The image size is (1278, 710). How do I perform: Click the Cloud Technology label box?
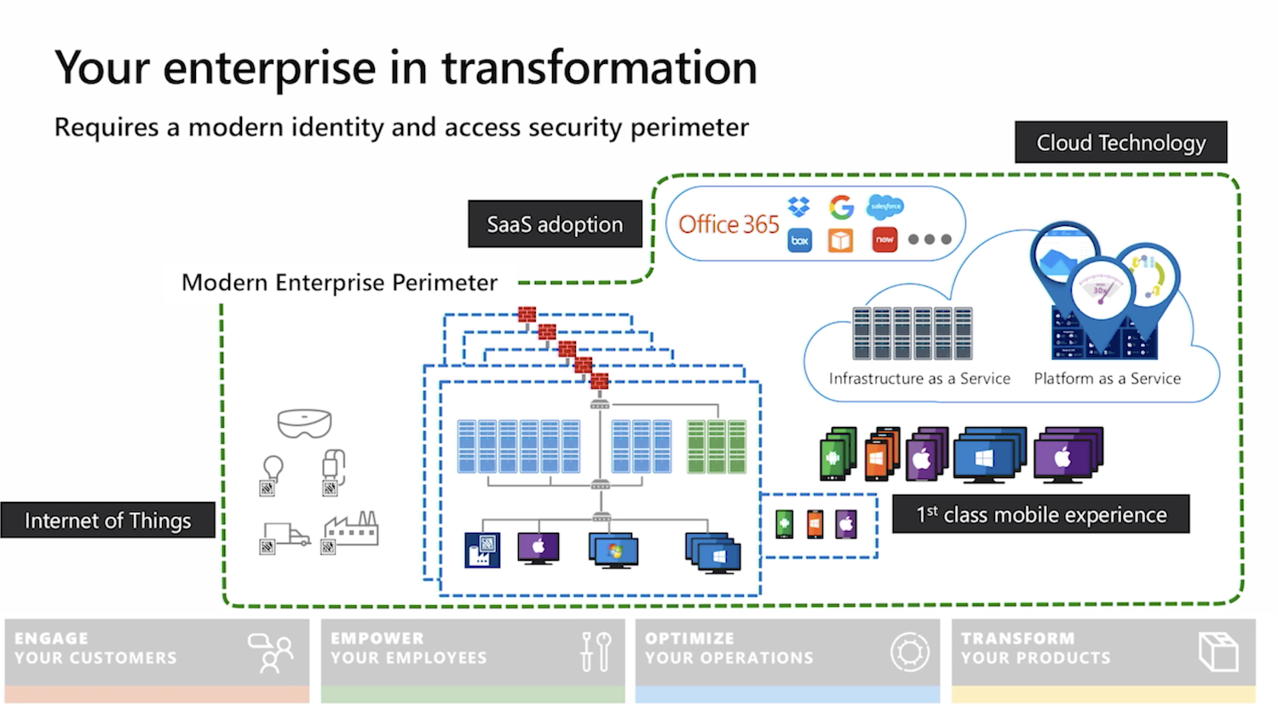1120,142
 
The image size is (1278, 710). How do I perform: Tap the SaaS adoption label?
555,224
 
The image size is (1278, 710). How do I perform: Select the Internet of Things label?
107,520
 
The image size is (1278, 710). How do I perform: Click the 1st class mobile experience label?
1040,515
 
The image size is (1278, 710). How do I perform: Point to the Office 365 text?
728,224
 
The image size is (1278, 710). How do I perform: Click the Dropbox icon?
799,206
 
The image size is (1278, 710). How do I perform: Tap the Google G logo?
841,206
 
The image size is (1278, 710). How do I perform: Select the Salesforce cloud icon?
885,206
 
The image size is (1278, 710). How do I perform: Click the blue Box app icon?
799,240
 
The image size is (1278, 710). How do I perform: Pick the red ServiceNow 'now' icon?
885,240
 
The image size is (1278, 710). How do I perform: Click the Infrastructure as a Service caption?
919,378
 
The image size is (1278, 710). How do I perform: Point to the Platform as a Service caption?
1107,378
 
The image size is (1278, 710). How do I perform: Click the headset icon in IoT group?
304,424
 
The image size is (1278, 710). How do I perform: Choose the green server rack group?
717,446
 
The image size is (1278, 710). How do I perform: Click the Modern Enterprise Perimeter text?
339,282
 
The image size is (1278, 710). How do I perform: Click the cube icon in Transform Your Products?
1218,652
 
